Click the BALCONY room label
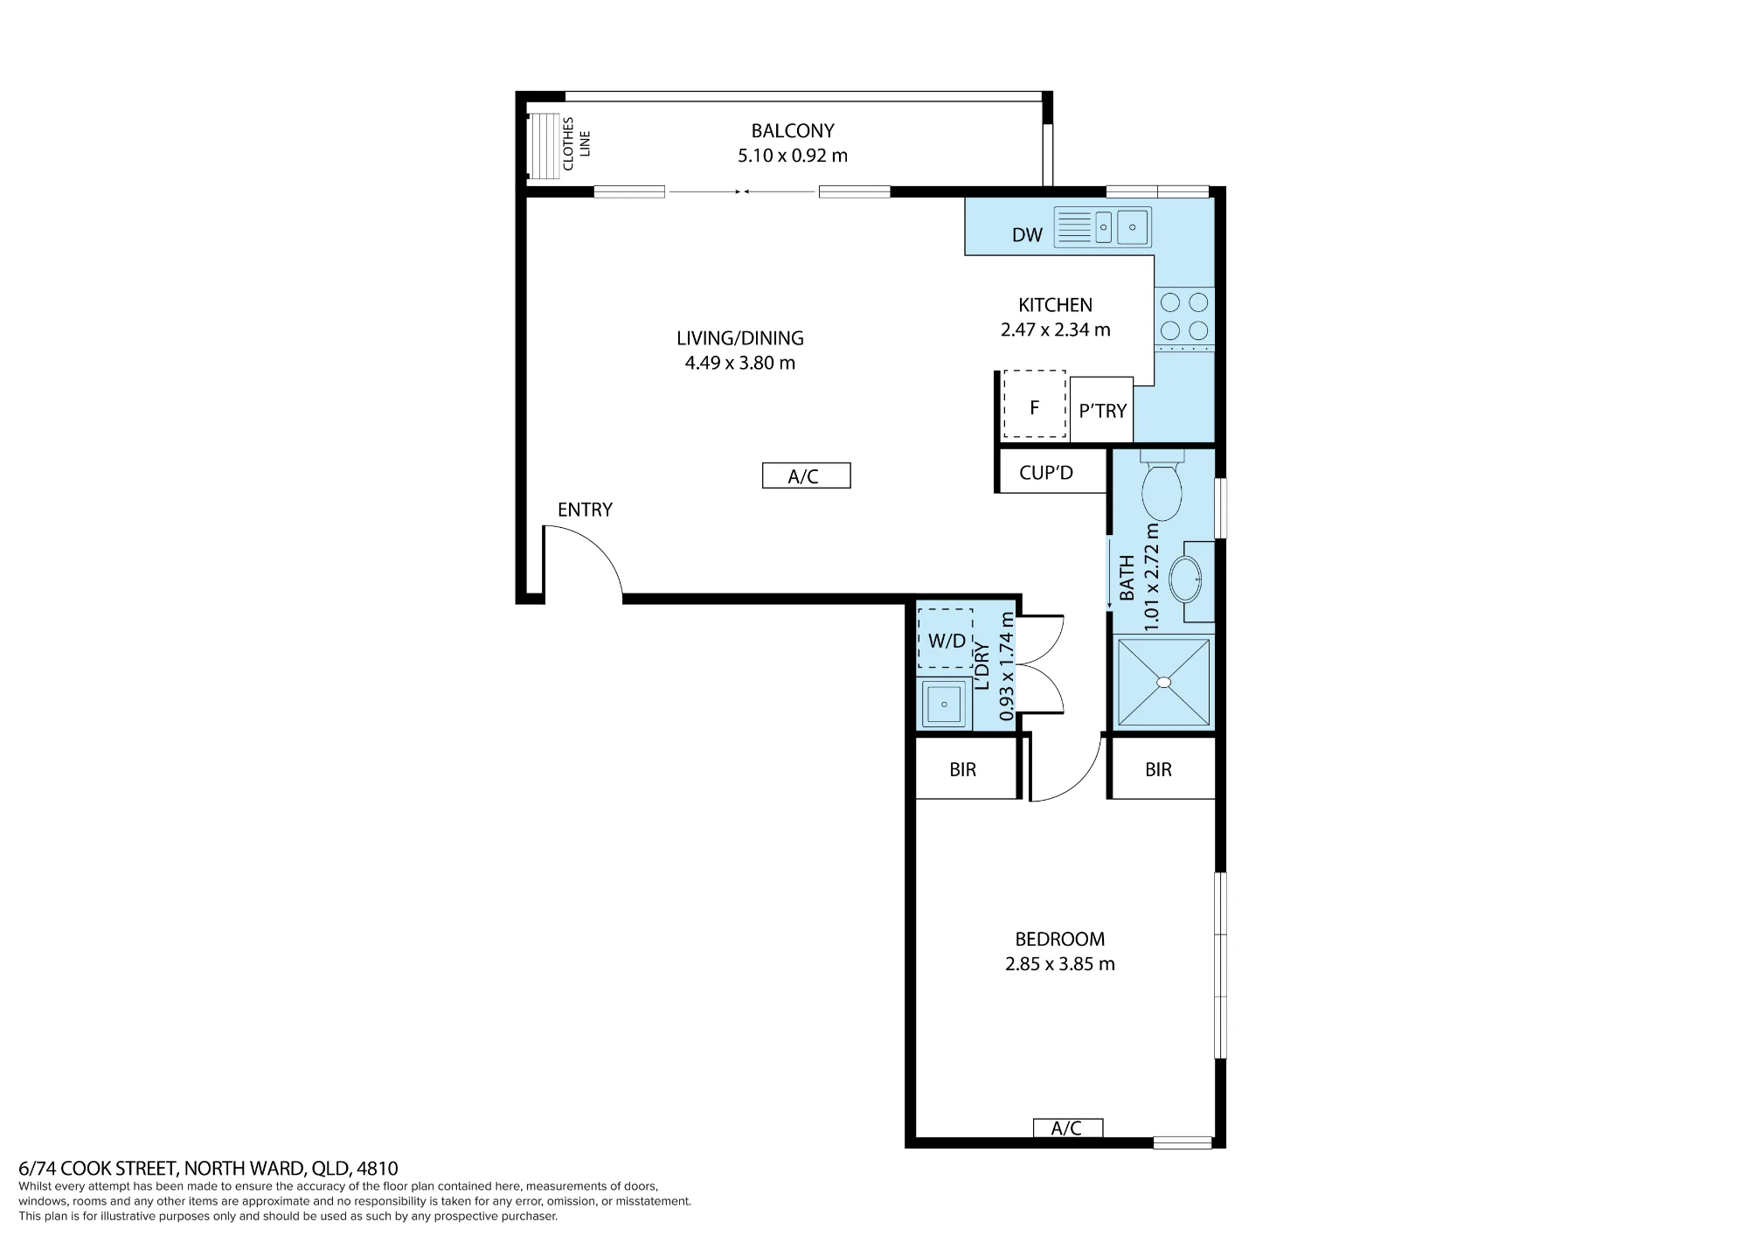[x=793, y=131]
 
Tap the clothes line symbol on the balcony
[x=543, y=146]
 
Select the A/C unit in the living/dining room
[x=806, y=476]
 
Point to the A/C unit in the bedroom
[x=1067, y=1128]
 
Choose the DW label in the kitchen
[x=1027, y=234]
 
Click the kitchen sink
[x=1102, y=227]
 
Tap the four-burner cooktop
[x=1184, y=316]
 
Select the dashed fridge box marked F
[x=1034, y=405]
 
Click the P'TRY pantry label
[x=1102, y=411]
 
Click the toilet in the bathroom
[x=1162, y=486]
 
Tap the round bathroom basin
[x=1186, y=578]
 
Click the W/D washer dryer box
[x=946, y=640]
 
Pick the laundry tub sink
[x=944, y=704]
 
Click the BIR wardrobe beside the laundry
[x=965, y=769]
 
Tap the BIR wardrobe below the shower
[x=1162, y=769]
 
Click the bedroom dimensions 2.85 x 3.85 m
[x=1060, y=964]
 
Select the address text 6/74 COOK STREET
[x=98, y=1169]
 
